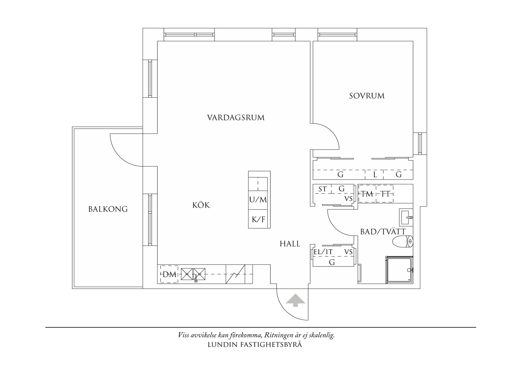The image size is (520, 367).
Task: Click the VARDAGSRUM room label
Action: coord(236,118)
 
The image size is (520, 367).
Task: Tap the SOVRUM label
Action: coord(367,96)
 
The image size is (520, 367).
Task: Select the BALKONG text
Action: coord(108,209)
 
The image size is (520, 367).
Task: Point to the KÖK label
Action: coord(201,205)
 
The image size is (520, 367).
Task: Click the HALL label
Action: coord(290,244)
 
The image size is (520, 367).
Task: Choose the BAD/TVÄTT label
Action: coord(383,232)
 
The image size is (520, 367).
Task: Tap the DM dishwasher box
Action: coord(169,274)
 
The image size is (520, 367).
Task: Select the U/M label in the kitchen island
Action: coord(258,200)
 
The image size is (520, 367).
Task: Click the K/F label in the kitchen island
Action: coord(259,219)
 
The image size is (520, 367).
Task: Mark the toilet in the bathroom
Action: coord(402,241)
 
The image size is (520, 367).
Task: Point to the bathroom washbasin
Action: coord(406,217)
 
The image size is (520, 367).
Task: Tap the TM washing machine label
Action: coord(367,194)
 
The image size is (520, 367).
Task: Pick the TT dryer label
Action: coord(385,194)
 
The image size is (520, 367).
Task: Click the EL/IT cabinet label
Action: coord(323,252)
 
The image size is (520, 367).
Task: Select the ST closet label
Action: coord(322,189)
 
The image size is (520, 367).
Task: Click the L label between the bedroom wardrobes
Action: coord(375,175)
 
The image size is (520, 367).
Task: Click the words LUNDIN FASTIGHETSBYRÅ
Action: coord(255,345)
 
